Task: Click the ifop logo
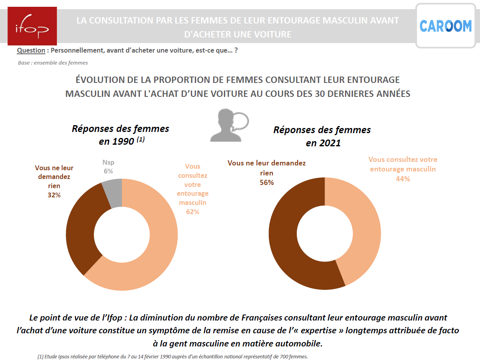[x=32, y=26]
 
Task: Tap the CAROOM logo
[x=445, y=26]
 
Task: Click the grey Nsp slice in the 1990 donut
[x=113, y=193]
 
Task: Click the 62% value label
[x=192, y=212]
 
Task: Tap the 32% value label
[x=54, y=195]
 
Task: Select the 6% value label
[x=108, y=171]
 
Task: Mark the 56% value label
[x=266, y=182]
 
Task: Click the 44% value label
[x=403, y=179]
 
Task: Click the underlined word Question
[x=31, y=51]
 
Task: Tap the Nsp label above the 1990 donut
[x=108, y=163]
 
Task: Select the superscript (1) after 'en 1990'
[x=140, y=140]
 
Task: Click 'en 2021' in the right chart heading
[x=323, y=143]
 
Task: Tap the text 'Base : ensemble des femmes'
[x=53, y=63]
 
